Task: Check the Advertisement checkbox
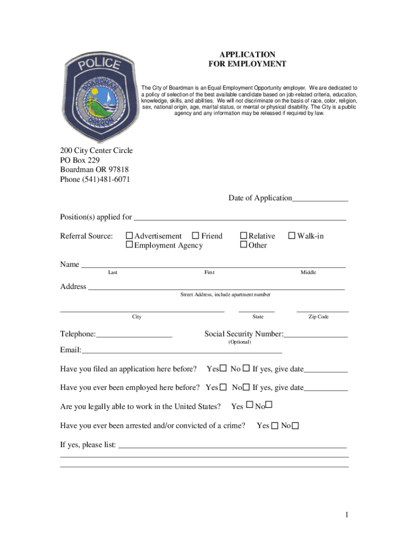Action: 129,236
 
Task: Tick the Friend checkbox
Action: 195,236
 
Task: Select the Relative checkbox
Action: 244,236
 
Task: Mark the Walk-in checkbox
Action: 291,236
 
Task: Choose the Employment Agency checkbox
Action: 129,245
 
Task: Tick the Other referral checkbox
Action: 244,245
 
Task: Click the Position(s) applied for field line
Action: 239,218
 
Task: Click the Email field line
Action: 181,352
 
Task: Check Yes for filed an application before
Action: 224,369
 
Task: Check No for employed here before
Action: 247,387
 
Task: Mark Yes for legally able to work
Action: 249,406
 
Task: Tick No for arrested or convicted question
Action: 295,426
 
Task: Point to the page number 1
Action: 346,515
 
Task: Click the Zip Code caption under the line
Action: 319,317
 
